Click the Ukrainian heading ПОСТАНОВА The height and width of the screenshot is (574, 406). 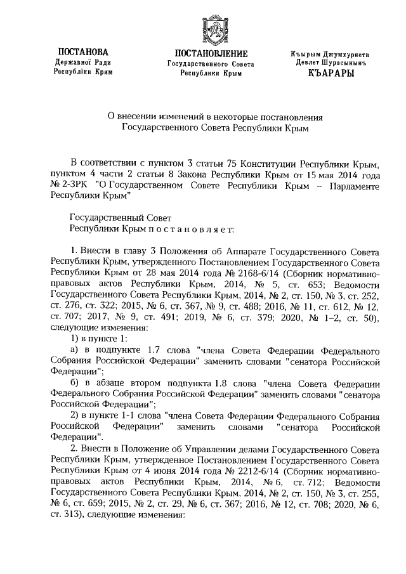click(x=82, y=51)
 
